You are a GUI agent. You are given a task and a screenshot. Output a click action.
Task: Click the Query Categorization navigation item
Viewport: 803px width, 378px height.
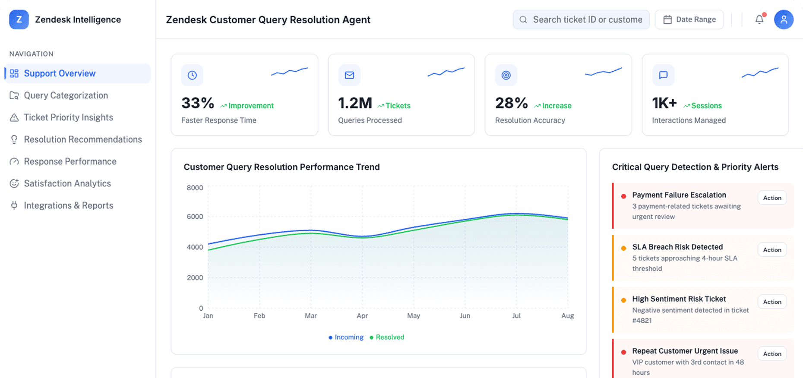point(66,95)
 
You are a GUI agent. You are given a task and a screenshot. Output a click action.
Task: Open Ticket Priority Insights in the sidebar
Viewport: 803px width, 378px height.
point(68,117)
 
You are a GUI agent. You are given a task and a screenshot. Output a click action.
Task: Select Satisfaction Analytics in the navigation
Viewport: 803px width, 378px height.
point(67,183)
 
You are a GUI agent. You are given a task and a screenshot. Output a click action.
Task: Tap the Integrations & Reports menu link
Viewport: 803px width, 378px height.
point(68,205)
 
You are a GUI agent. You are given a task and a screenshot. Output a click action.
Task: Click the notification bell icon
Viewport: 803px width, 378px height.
point(759,20)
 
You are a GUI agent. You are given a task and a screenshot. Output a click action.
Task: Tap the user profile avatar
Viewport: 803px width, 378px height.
point(784,20)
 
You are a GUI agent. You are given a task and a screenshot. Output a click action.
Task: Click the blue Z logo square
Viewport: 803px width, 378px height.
point(19,20)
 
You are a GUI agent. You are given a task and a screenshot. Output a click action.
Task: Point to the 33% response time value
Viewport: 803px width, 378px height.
point(198,103)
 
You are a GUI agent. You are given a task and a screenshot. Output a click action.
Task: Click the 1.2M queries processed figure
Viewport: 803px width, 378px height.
point(355,103)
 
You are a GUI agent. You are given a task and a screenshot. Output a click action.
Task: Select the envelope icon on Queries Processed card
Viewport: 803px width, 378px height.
point(349,75)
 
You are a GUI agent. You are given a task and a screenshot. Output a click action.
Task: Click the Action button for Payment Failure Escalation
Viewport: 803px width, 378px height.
point(772,198)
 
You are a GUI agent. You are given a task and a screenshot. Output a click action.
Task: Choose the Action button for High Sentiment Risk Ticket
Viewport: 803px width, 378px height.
point(772,302)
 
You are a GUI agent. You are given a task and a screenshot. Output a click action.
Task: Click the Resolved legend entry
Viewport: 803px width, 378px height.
point(389,337)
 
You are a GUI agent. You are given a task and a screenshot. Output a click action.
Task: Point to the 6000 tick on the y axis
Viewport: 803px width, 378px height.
point(195,217)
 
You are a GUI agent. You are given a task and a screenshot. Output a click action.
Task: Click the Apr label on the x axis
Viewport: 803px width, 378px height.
point(362,316)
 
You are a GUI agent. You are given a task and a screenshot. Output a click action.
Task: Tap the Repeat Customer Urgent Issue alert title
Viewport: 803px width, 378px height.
point(685,351)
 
